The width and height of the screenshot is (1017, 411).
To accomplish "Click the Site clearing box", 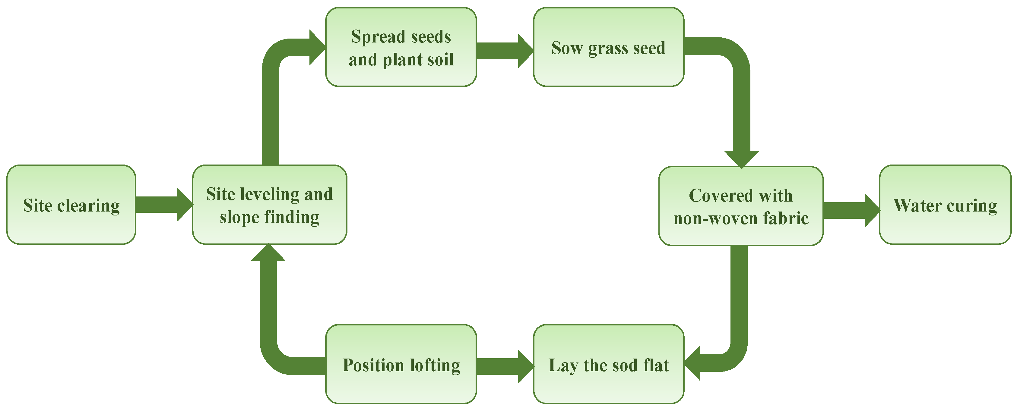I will pyautogui.click(x=71, y=205).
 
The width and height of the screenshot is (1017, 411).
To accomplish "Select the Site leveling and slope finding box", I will pyautogui.click(x=269, y=205).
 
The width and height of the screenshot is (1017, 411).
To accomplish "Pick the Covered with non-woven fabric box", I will pyautogui.click(x=741, y=206).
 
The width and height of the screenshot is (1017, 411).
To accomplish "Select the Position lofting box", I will pyautogui.click(x=401, y=364).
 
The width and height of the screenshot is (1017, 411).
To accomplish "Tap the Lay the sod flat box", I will pyautogui.click(x=608, y=364).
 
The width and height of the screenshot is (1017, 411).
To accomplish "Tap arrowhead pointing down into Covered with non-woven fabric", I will pyautogui.click(x=741, y=158).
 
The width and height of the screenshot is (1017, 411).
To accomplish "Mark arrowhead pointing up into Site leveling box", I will pyautogui.click(x=268, y=253).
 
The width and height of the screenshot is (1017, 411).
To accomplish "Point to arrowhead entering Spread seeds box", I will pyautogui.click(x=317, y=47).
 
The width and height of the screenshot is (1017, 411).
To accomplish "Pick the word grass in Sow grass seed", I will pyautogui.click(x=608, y=48).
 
